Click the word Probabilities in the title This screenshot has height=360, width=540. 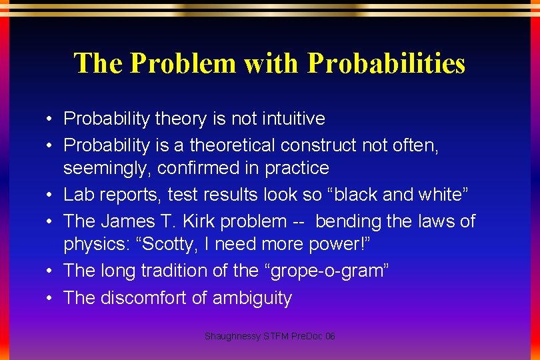(386, 63)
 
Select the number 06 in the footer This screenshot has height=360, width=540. (329, 337)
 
